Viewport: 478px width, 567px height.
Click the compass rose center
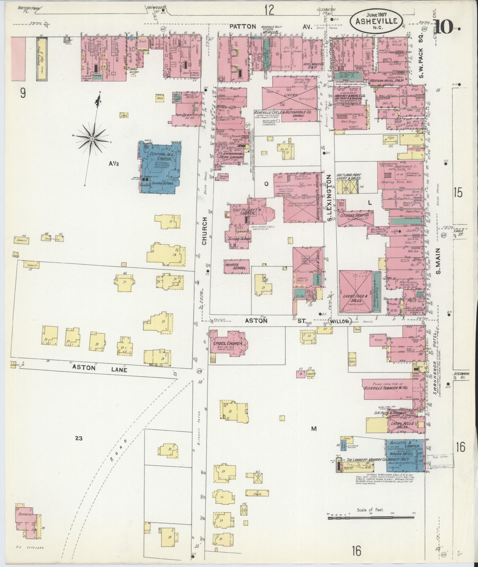click(x=92, y=138)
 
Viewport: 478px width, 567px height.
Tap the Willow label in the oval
click(x=340, y=321)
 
